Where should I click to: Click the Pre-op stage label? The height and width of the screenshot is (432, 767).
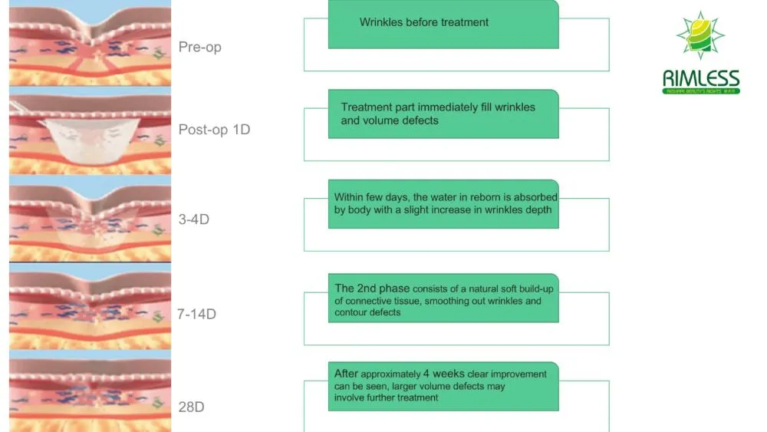[x=199, y=47]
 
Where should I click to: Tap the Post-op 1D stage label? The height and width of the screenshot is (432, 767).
[x=214, y=130]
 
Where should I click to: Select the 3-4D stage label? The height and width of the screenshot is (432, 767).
[x=193, y=219]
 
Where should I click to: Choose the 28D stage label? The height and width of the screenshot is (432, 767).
[x=191, y=407]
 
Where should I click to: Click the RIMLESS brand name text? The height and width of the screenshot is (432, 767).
[x=701, y=78]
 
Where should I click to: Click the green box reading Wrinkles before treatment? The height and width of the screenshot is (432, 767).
[x=443, y=23]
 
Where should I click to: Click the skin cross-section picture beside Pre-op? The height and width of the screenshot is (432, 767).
[x=90, y=42]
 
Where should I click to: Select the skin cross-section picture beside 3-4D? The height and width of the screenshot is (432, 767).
[x=90, y=219]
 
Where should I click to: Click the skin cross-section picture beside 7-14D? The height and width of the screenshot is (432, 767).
[x=90, y=307]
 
